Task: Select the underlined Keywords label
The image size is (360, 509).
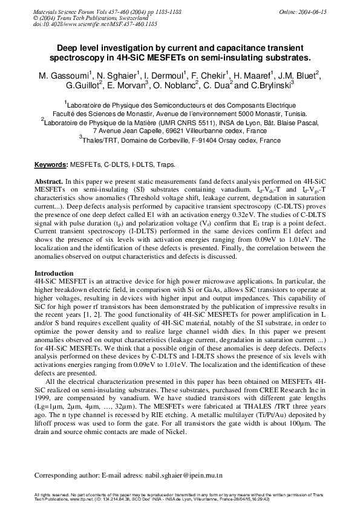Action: pyautogui.click(x=51, y=164)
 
